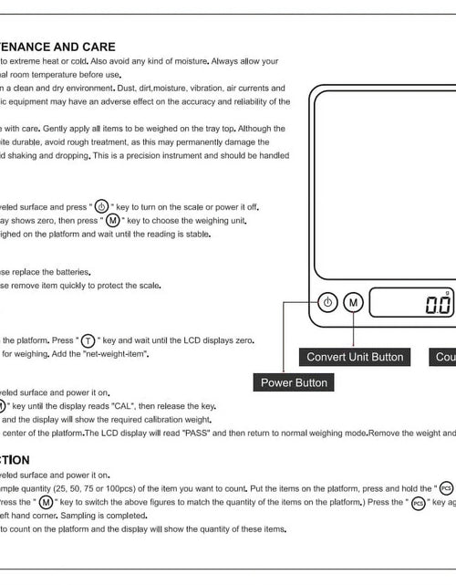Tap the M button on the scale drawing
355,302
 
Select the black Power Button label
294,382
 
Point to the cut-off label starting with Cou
445,357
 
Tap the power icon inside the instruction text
101,206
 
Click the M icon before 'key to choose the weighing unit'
112,220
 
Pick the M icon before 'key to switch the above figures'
45,502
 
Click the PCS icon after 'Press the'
419,502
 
